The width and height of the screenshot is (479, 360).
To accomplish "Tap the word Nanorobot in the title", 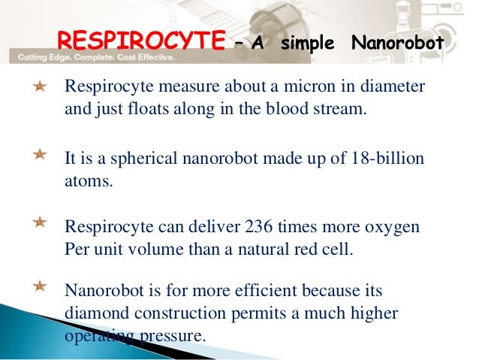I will [x=396, y=44].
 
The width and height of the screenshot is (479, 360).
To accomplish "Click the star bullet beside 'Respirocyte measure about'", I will [x=40, y=89].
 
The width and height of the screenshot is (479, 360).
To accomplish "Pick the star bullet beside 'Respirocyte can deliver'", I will [x=40, y=222].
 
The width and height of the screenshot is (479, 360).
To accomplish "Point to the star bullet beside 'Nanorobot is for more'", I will [x=40, y=286].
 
